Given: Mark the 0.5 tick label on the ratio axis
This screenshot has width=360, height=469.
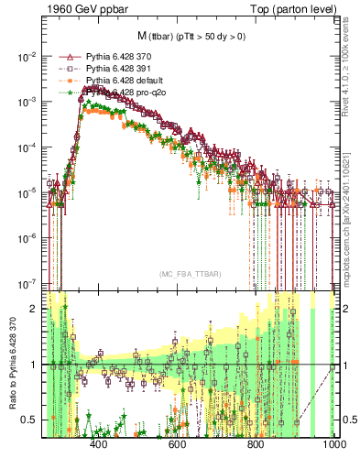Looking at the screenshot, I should click(x=29, y=420).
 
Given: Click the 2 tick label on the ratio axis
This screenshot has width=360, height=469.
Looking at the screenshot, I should click(x=34, y=310).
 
